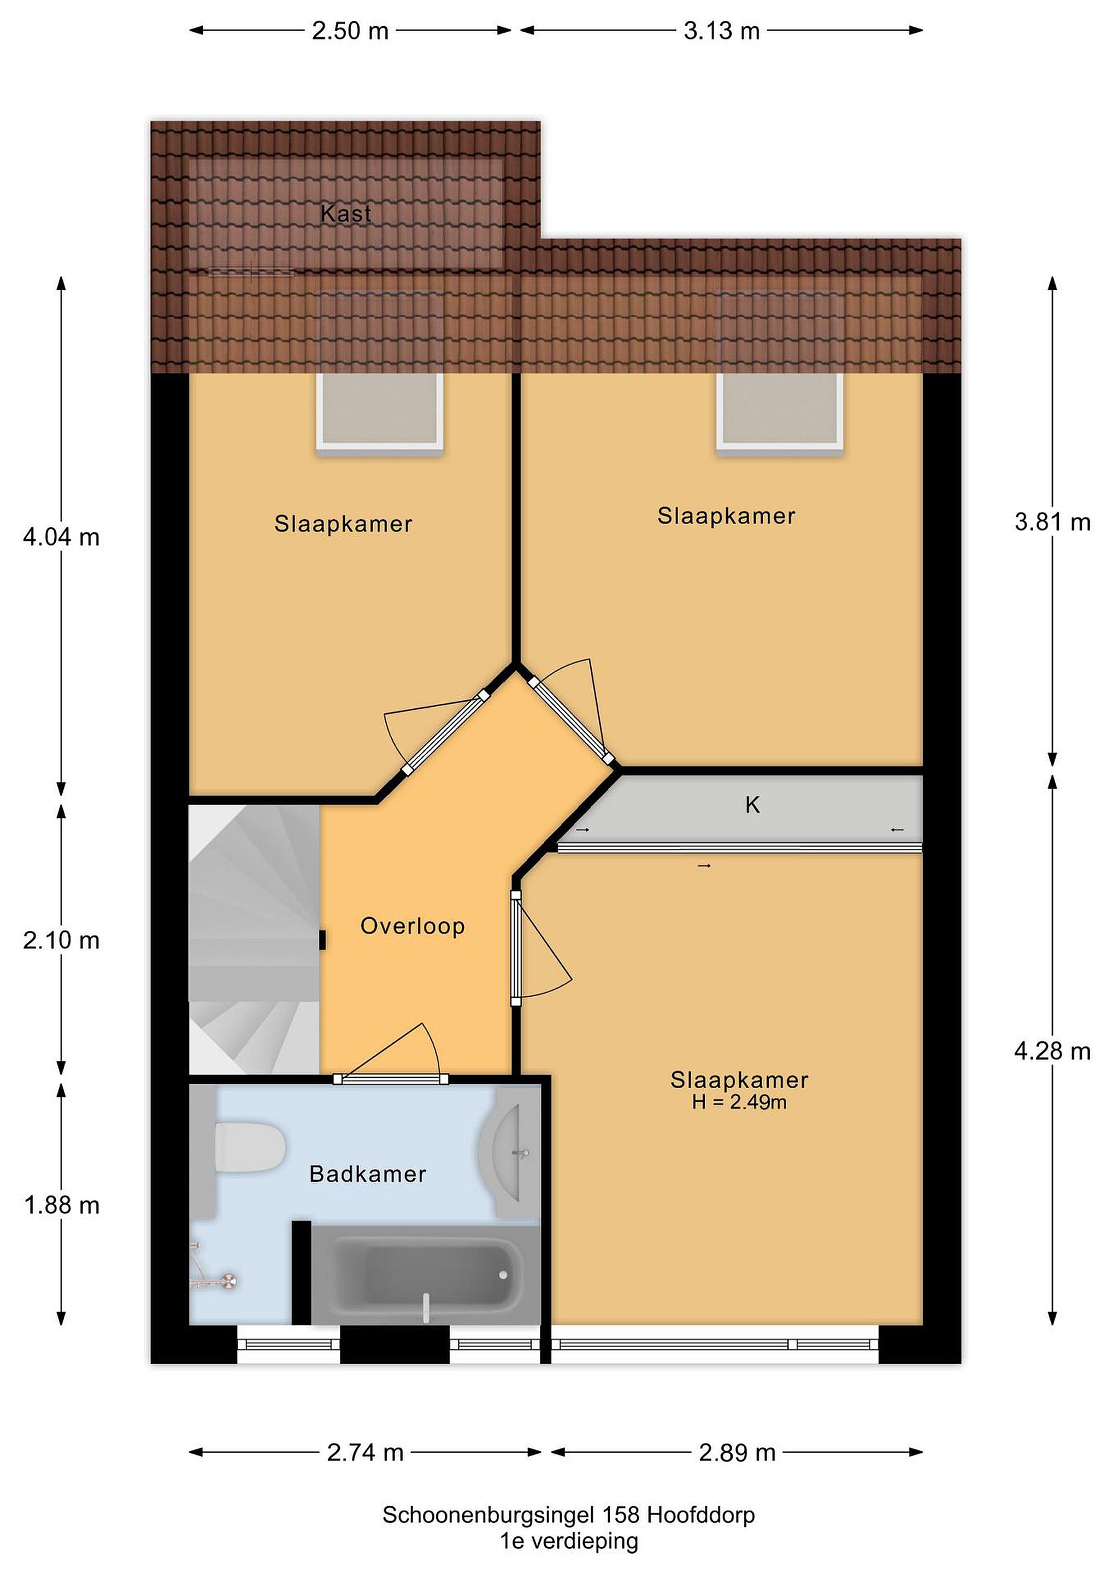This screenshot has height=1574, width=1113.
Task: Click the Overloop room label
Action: click(x=413, y=926)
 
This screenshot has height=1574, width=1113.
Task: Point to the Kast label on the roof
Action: click(x=346, y=213)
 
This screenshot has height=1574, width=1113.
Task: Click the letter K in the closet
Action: click(x=752, y=805)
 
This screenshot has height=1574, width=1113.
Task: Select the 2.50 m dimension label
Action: click(x=350, y=31)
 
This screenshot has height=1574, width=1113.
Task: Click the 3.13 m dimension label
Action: click(x=722, y=31)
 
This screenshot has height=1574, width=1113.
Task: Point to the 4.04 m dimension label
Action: click(x=62, y=537)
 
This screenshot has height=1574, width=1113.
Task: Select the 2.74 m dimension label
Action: click(x=366, y=1452)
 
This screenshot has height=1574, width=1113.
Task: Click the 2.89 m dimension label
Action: click(x=738, y=1452)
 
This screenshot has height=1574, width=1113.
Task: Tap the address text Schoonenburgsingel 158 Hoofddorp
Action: click(x=569, y=1514)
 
